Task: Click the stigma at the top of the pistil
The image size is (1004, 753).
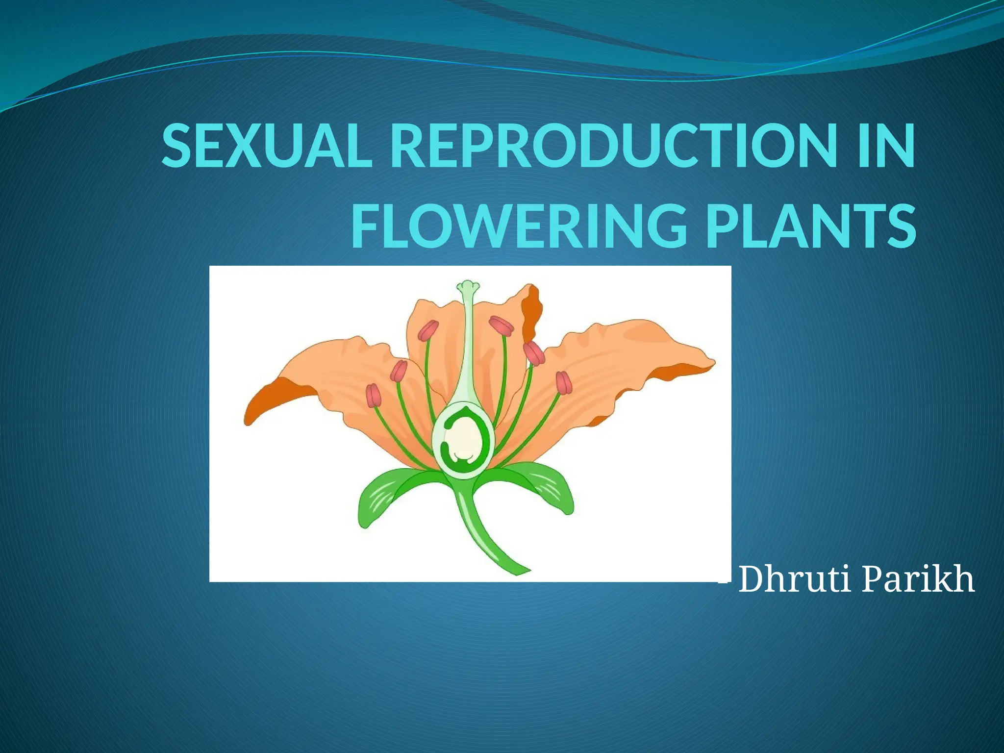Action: click(x=468, y=286)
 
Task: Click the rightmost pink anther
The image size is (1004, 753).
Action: click(x=564, y=383)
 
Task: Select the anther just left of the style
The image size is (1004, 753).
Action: click(x=428, y=330)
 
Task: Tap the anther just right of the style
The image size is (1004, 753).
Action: click(x=501, y=326)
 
